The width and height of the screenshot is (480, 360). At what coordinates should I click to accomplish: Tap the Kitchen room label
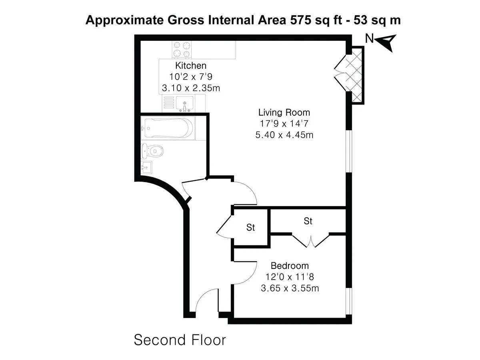(191, 66)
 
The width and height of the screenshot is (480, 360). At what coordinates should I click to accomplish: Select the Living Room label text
(284, 112)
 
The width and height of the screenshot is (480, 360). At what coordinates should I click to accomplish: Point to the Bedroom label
(290, 266)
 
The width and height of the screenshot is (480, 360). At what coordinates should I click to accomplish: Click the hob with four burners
(182, 50)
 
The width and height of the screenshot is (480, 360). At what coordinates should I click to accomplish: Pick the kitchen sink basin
(185, 103)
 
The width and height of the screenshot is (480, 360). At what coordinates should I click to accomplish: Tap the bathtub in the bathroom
(168, 128)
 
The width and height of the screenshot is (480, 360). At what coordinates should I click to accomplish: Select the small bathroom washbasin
(146, 168)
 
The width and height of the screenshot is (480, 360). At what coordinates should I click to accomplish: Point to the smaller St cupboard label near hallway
(251, 228)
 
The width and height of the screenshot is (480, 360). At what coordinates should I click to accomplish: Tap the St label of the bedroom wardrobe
(308, 221)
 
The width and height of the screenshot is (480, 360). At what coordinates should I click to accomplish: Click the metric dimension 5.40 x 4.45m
(284, 135)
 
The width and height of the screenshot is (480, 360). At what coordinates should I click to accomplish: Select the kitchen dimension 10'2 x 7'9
(191, 77)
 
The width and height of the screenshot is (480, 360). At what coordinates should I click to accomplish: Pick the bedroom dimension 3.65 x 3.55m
(290, 288)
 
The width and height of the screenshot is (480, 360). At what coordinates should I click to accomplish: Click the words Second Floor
(180, 340)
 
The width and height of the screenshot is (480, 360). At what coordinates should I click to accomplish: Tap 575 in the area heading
(301, 20)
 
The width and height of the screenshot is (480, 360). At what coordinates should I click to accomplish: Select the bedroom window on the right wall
(349, 302)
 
